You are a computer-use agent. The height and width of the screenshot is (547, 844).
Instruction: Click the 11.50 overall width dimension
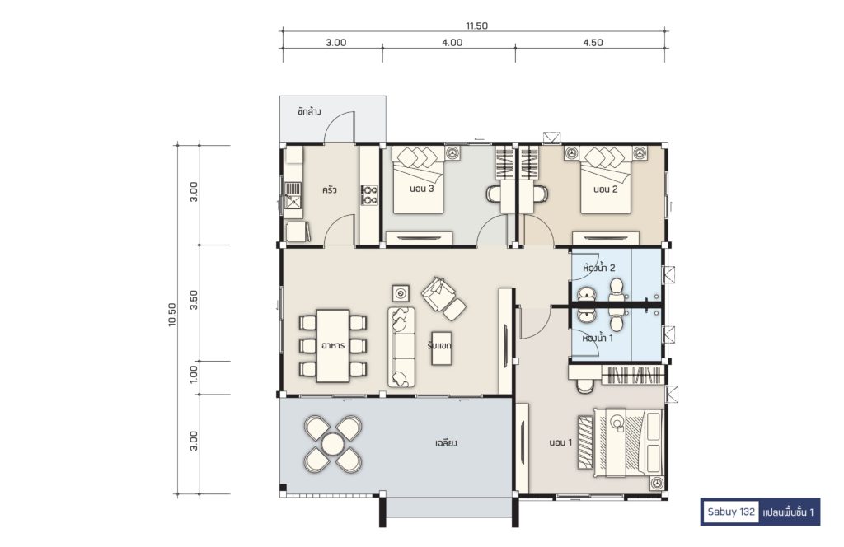coord(477,26)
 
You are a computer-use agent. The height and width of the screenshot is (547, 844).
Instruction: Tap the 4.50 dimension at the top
coord(593,43)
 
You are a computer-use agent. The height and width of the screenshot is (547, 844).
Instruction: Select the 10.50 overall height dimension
coord(171,315)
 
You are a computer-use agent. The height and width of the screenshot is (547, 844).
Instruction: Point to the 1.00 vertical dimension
coord(194,374)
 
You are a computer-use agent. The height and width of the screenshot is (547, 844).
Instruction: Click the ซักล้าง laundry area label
coord(309,112)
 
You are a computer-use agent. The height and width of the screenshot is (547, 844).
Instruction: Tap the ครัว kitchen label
coord(330,189)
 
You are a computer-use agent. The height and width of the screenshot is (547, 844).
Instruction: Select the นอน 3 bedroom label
coord(421,189)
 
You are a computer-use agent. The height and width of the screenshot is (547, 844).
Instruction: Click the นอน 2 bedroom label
coord(606,189)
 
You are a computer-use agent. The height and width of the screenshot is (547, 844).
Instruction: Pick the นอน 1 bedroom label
coord(560,442)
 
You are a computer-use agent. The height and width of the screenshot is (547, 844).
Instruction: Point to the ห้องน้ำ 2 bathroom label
coord(598,267)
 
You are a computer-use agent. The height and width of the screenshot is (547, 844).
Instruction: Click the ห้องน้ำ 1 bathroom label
coord(598,339)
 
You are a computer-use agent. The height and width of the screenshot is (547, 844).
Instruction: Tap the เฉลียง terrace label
coord(446,443)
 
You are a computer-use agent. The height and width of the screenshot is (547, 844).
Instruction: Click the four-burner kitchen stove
coord(369,194)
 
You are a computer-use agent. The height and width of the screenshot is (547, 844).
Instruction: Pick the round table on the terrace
coord(333,445)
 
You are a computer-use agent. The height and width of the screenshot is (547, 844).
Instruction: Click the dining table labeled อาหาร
coord(333,345)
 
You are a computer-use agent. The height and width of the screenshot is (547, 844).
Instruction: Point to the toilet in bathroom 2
coord(616,290)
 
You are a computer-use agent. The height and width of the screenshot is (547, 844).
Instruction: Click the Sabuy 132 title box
coord(760,512)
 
